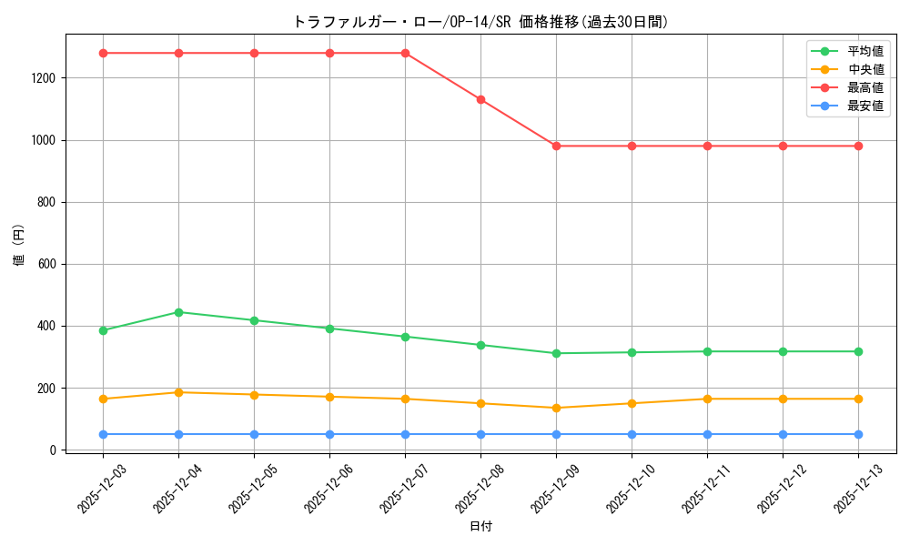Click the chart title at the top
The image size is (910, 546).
pyautogui.click(x=480, y=22)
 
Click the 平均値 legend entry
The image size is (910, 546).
pyautogui.click(x=865, y=51)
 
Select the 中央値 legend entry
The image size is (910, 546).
pyautogui.click(x=865, y=69)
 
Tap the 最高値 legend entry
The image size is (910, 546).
pyautogui.click(x=865, y=87)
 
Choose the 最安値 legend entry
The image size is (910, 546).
pyautogui.click(x=865, y=106)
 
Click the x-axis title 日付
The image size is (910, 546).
pyautogui.click(x=480, y=526)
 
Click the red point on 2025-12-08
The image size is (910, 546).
pyautogui.click(x=480, y=99)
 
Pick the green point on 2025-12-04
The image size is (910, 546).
pyautogui.click(x=178, y=312)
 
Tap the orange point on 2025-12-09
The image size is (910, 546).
pyautogui.click(x=556, y=408)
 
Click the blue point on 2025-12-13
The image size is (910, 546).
pyautogui.click(x=858, y=434)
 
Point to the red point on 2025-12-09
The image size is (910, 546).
pyautogui.click(x=556, y=146)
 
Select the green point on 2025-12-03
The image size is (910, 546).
pyautogui.click(x=103, y=330)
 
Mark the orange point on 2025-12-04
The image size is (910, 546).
pyautogui.click(x=178, y=392)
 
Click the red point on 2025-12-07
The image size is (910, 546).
pyautogui.click(x=405, y=53)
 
